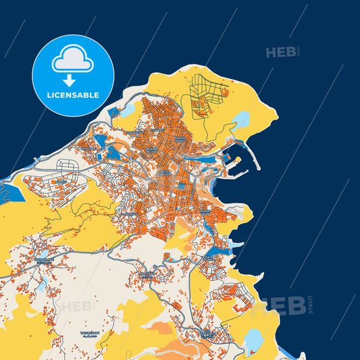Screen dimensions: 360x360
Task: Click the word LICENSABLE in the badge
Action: (x=72, y=95)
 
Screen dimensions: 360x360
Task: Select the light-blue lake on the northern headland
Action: (x=240, y=122)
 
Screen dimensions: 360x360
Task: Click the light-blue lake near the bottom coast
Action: (x=254, y=338)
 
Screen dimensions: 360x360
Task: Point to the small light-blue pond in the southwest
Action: (x=42, y=286)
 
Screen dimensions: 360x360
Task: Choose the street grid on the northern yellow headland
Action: (x=206, y=95)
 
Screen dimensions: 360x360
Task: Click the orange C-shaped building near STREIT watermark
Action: (x=241, y=305)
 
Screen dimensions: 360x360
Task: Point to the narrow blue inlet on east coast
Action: (x=234, y=244)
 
